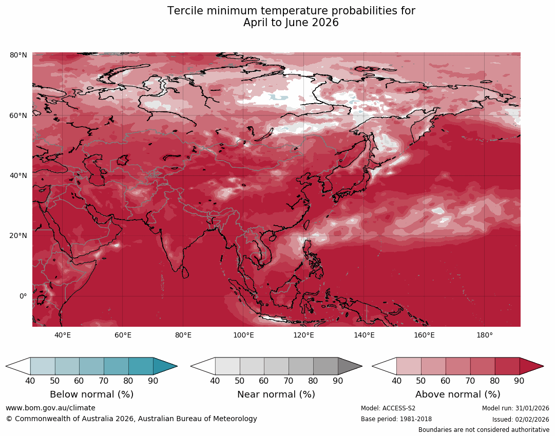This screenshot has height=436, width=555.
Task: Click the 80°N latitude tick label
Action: (18, 55)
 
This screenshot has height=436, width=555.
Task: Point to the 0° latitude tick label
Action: (23, 296)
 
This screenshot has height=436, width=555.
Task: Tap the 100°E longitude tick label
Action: (243, 335)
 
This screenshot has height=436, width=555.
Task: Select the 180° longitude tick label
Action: (485, 335)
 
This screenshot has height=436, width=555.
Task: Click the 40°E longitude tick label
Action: (63, 335)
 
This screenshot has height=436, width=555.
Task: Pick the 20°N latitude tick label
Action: (18, 236)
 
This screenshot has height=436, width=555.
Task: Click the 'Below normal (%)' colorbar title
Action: (91, 394)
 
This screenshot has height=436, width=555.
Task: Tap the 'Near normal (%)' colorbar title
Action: (276, 394)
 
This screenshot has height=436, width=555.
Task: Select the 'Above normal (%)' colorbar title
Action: (457, 394)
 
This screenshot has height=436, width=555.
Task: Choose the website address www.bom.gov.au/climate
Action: (50, 408)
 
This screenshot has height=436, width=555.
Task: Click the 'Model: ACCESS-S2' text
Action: (388, 408)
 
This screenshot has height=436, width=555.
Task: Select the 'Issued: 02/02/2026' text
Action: (521, 419)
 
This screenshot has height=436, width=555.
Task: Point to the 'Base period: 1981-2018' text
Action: (396, 419)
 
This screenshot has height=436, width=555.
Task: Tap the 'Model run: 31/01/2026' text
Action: (515, 408)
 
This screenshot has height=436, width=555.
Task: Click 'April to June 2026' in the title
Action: (291, 23)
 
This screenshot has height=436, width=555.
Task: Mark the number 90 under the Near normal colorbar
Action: (337, 381)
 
